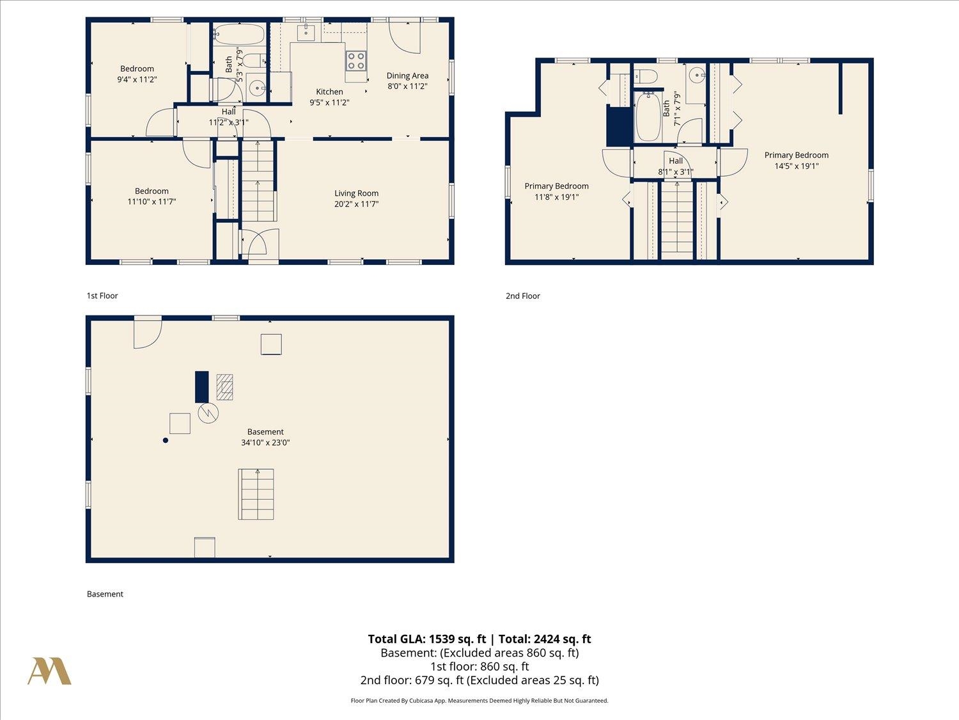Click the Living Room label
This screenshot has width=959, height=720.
click(x=357, y=193)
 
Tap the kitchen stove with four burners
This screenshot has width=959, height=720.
click(x=356, y=61)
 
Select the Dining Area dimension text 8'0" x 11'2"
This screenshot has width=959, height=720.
click(x=407, y=86)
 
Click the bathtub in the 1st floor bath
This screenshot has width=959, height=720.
click(x=239, y=35)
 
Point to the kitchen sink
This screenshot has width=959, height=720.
click(x=306, y=33)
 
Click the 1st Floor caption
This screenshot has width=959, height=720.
click(x=102, y=296)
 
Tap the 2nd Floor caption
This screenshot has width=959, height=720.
click(x=522, y=296)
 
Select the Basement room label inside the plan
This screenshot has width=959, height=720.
click(x=265, y=432)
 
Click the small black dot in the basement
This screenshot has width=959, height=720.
click(x=166, y=441)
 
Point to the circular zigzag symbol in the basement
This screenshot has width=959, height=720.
click(x=208, y=413)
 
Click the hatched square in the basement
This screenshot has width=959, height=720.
click(x=224, y=387)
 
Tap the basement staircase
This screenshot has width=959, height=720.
click(x=256, y=495)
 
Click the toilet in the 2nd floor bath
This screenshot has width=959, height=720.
click(x=646, y=77)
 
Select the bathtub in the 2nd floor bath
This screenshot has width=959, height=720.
click(x=648, y=116)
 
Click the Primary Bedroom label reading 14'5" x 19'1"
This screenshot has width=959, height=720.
click(x=797, y=161)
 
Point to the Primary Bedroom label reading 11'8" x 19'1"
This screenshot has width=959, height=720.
click(x=557, y=191)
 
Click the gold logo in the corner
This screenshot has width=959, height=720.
click(x=49, y=671)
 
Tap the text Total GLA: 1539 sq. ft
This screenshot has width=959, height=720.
click(x=427, y=639)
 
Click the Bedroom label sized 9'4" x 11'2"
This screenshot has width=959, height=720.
click(x=137, y=74)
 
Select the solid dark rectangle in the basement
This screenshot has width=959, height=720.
click(x=201, y=387)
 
